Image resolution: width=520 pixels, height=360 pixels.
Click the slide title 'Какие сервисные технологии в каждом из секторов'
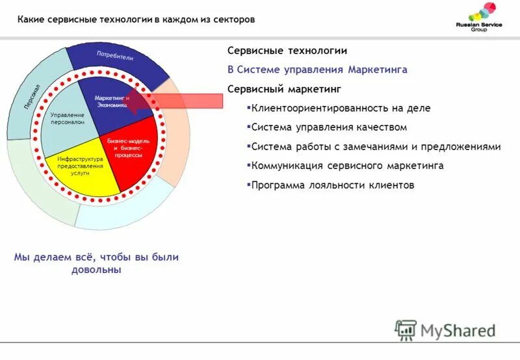(136, 19)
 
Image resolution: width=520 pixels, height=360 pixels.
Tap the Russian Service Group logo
(482, 19)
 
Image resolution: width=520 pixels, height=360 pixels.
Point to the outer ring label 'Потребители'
(115, 55)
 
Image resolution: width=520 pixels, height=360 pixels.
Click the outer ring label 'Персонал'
(32, 96)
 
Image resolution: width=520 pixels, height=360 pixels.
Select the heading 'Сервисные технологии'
(287, 51)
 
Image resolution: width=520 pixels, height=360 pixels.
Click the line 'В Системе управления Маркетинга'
(317, 70)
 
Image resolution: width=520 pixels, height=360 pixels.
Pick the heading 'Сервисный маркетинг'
(284, 88)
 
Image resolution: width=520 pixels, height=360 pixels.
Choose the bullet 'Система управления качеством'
(329, 127)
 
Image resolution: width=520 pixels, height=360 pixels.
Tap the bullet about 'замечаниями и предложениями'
(376, 147)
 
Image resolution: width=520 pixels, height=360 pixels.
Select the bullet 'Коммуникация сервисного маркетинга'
(347, 166)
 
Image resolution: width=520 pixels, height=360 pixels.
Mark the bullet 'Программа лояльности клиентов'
(332, 185)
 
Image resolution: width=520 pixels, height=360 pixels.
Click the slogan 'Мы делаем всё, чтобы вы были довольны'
(96, 263)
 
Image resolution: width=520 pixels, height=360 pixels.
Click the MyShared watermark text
(458, 330)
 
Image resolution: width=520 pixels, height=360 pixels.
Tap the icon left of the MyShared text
(405, 330)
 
